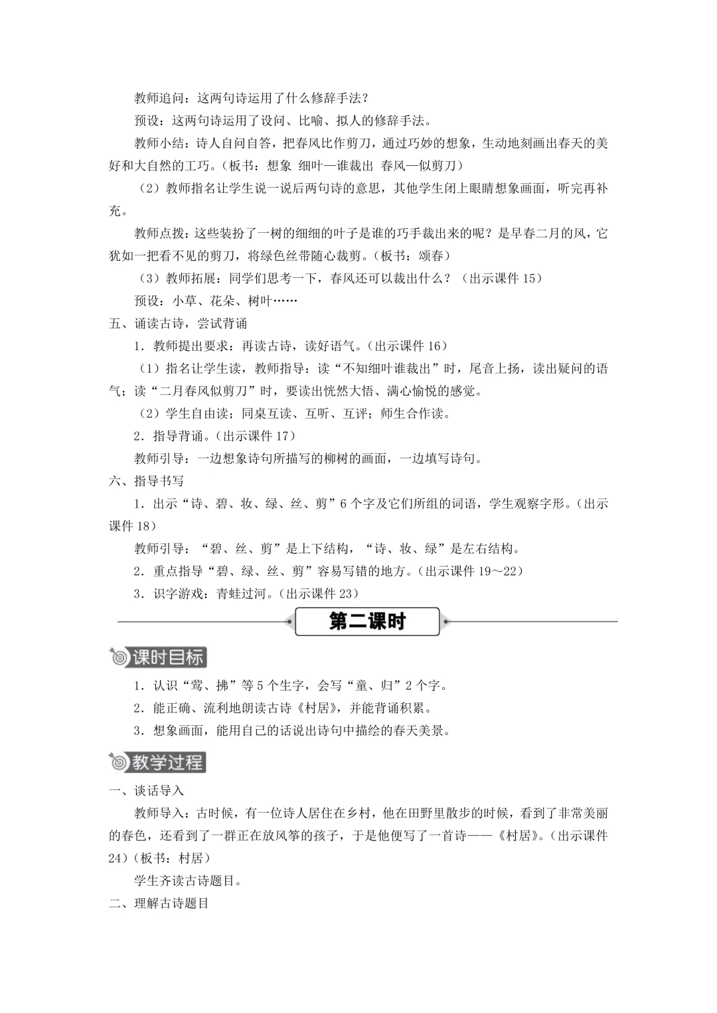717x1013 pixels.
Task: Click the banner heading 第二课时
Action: [x=367, y=622]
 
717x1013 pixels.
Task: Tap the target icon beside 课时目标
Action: [x=119, y=657]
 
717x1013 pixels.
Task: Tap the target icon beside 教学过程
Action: [x=119, y=762]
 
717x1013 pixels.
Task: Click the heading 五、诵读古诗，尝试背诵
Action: [x=178, y=323]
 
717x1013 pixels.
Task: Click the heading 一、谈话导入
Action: [x=146, y=791]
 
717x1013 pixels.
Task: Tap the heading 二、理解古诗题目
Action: [x=159, y=904]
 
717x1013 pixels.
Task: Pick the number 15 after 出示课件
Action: [x=530, y=279]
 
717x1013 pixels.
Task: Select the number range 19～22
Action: [x=501, y=571]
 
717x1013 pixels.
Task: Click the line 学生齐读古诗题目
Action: [x=188, y=881]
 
